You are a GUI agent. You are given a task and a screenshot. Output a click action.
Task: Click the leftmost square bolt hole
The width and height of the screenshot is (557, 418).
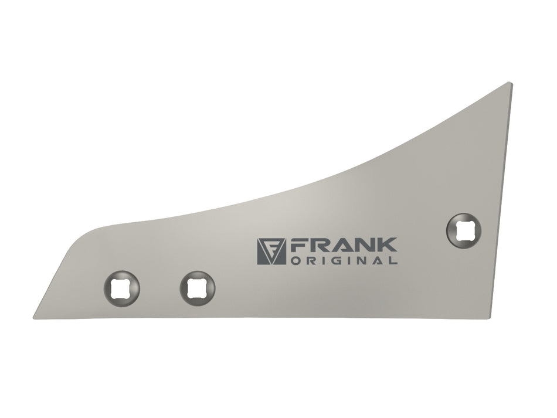pyautogui.click(x=121, y=288)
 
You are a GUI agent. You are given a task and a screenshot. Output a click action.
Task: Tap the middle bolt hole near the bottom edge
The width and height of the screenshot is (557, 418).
pyautogui.click(x=198, y=288)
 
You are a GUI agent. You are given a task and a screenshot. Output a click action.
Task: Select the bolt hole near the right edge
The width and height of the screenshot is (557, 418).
pyautogui.click(x=464, y=231)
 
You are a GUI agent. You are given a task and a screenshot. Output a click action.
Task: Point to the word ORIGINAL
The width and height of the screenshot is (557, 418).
pyautogui.click(x=344, y=260)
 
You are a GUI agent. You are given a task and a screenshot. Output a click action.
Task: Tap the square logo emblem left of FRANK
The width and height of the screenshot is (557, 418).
pyautogui.click(x=271, y=251)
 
